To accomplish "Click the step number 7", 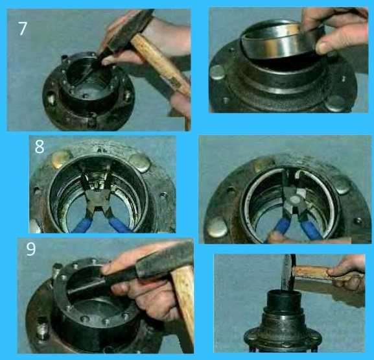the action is (23, 29).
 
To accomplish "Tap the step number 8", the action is (40, 147).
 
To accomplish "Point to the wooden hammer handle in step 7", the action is (160, 64).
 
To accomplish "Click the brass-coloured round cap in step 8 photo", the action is (60, 158).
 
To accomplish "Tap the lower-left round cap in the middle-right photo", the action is (218, 227).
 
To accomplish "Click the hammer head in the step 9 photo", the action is (165, 259).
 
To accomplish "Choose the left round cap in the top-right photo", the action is (218, 73).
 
